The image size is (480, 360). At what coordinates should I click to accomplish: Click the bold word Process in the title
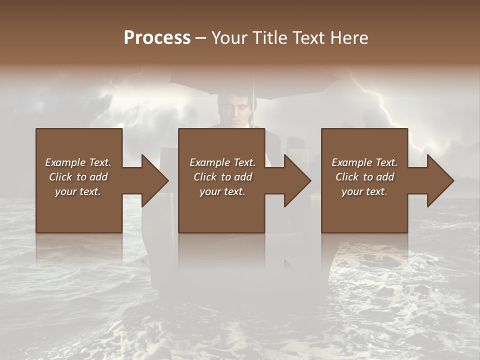coord(157,38)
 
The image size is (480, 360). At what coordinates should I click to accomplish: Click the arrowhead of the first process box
coord(154,180)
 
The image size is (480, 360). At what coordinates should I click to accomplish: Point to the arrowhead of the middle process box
coord(297,180)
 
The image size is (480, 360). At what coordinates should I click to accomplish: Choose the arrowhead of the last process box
coord(440,180)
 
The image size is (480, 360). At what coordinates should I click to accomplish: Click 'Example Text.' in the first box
coord(78,162)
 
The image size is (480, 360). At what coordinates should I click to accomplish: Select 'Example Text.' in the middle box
coord(222,162)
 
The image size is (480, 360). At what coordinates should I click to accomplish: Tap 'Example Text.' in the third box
coord(364,162)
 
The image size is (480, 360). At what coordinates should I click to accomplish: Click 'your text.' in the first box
coord(78,191)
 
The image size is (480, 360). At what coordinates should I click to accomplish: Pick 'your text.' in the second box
coord(222,191)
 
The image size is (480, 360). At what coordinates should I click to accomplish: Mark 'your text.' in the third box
coord(364,191)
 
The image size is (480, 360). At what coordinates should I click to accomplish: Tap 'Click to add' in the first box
coord(78,177)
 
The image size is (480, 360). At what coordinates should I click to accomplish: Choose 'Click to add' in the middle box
coord(222,177)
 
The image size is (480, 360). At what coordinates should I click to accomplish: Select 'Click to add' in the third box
coord(364,177)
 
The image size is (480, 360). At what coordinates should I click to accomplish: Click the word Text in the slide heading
coord(308,38)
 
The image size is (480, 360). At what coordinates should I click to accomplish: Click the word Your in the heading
coord(228,38)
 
